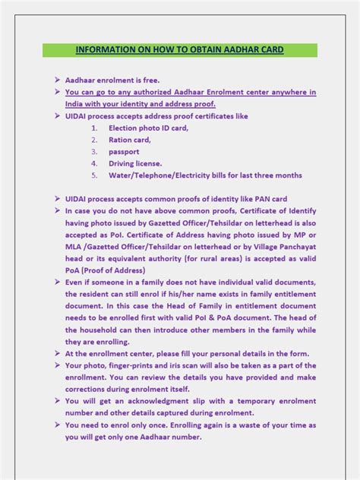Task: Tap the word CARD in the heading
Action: click(268, 50)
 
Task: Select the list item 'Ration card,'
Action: click(130, 140)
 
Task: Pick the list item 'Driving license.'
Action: click(135, 163)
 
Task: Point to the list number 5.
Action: click(95, 175)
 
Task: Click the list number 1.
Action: click(95, 128)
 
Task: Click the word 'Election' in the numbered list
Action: click(124, 128)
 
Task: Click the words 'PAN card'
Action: click(270, 199)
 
